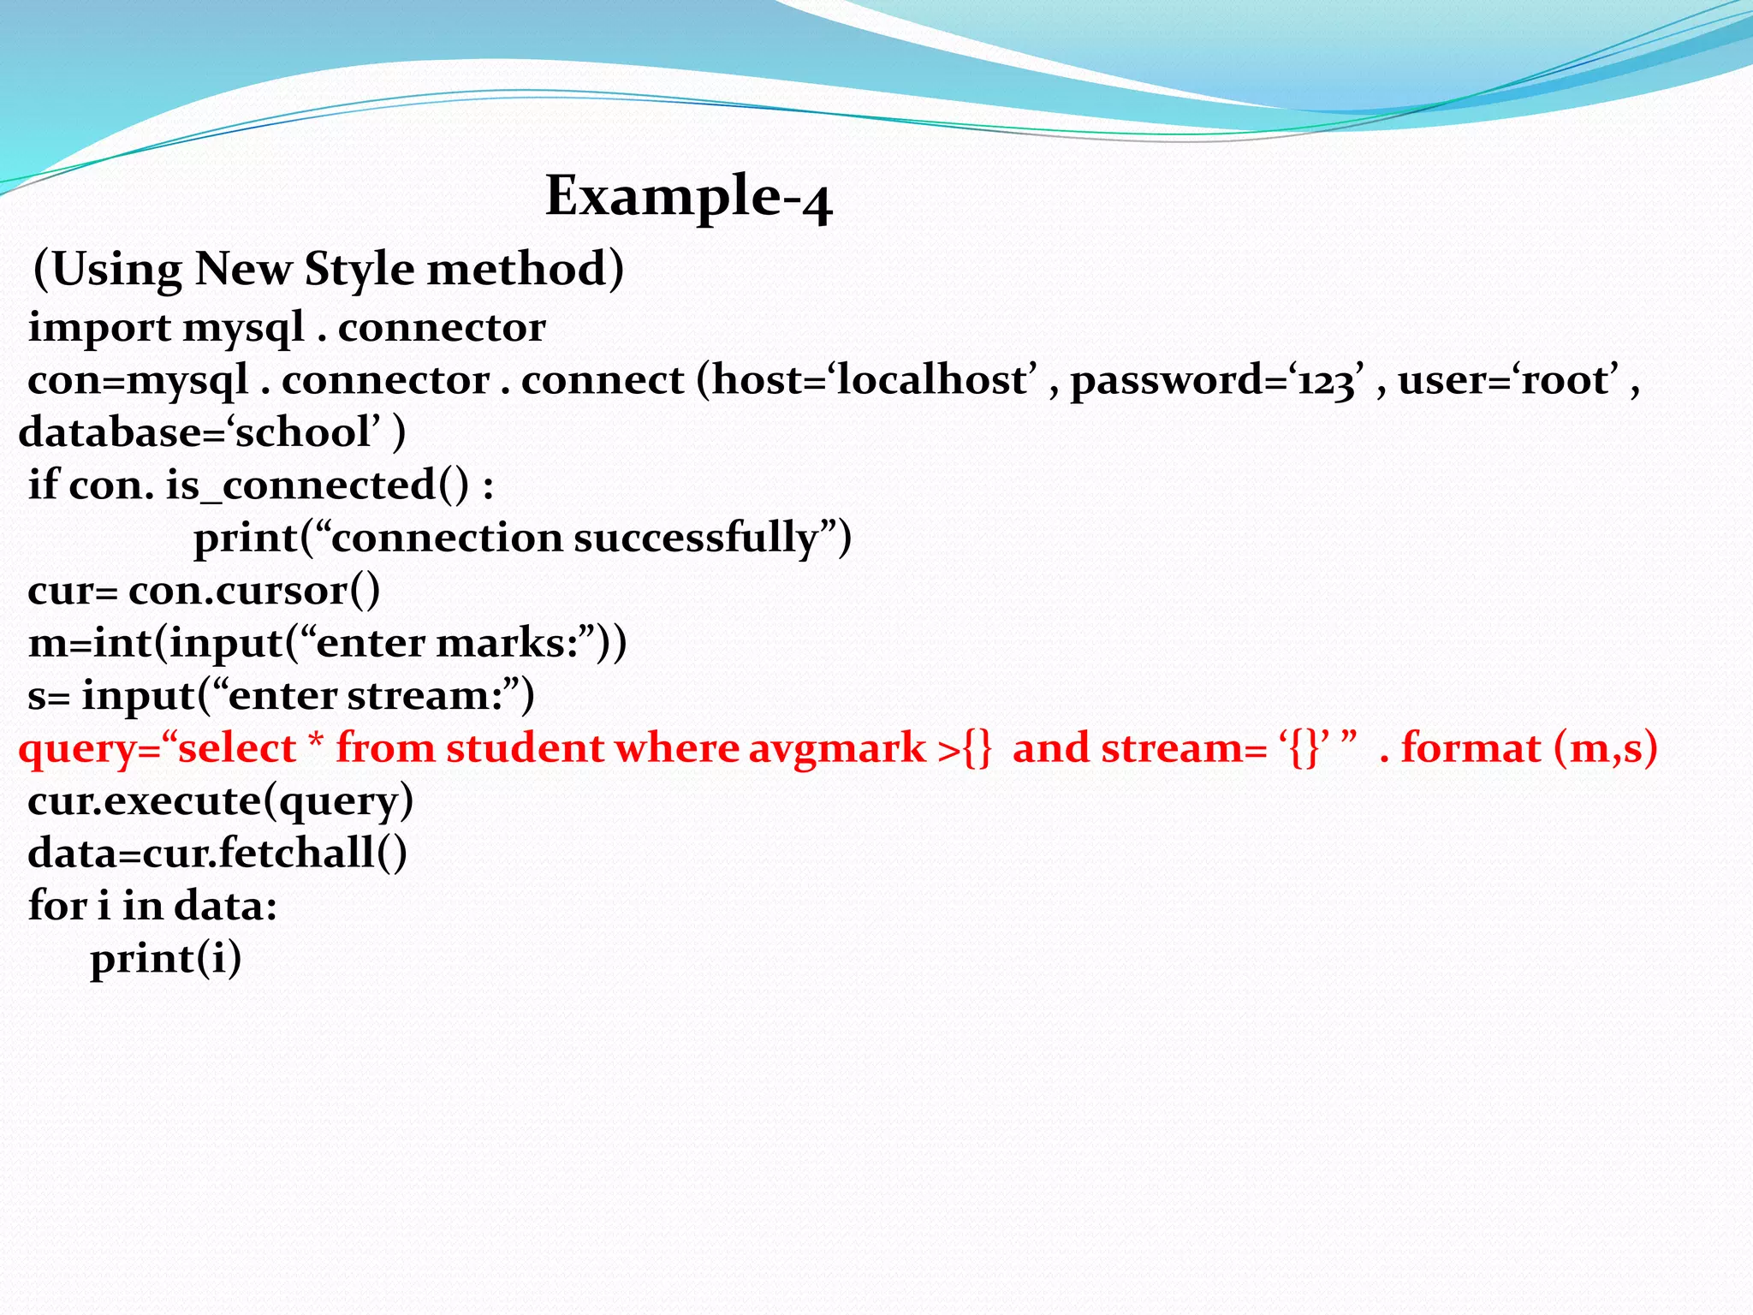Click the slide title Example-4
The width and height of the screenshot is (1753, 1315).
coord(688,197)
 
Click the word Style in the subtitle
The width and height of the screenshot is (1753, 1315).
coord(360,270)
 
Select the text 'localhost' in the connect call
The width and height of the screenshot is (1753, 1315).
coord(936,380)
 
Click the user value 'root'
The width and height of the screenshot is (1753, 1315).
coord(1568,380)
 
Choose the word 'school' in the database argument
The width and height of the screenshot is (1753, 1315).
coord(303,433)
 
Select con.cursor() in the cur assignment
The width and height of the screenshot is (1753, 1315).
coord(254,592)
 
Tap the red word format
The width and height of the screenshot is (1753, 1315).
coord(1471,749)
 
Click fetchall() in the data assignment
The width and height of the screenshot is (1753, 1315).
coord(312,854)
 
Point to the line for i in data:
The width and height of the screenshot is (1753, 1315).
coord(152,907)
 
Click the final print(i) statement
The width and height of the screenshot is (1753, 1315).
coord(165,959)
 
